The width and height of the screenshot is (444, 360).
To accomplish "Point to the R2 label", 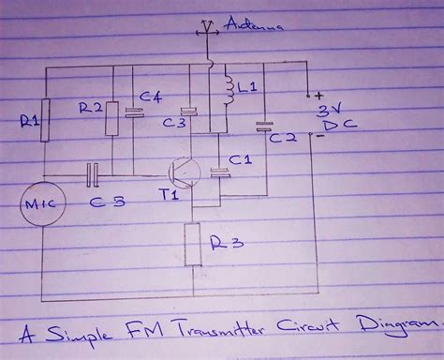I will pos(90,109).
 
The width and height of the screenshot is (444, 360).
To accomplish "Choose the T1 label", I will pos(169,196).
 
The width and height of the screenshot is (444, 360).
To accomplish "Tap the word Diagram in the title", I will pos(394,328).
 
